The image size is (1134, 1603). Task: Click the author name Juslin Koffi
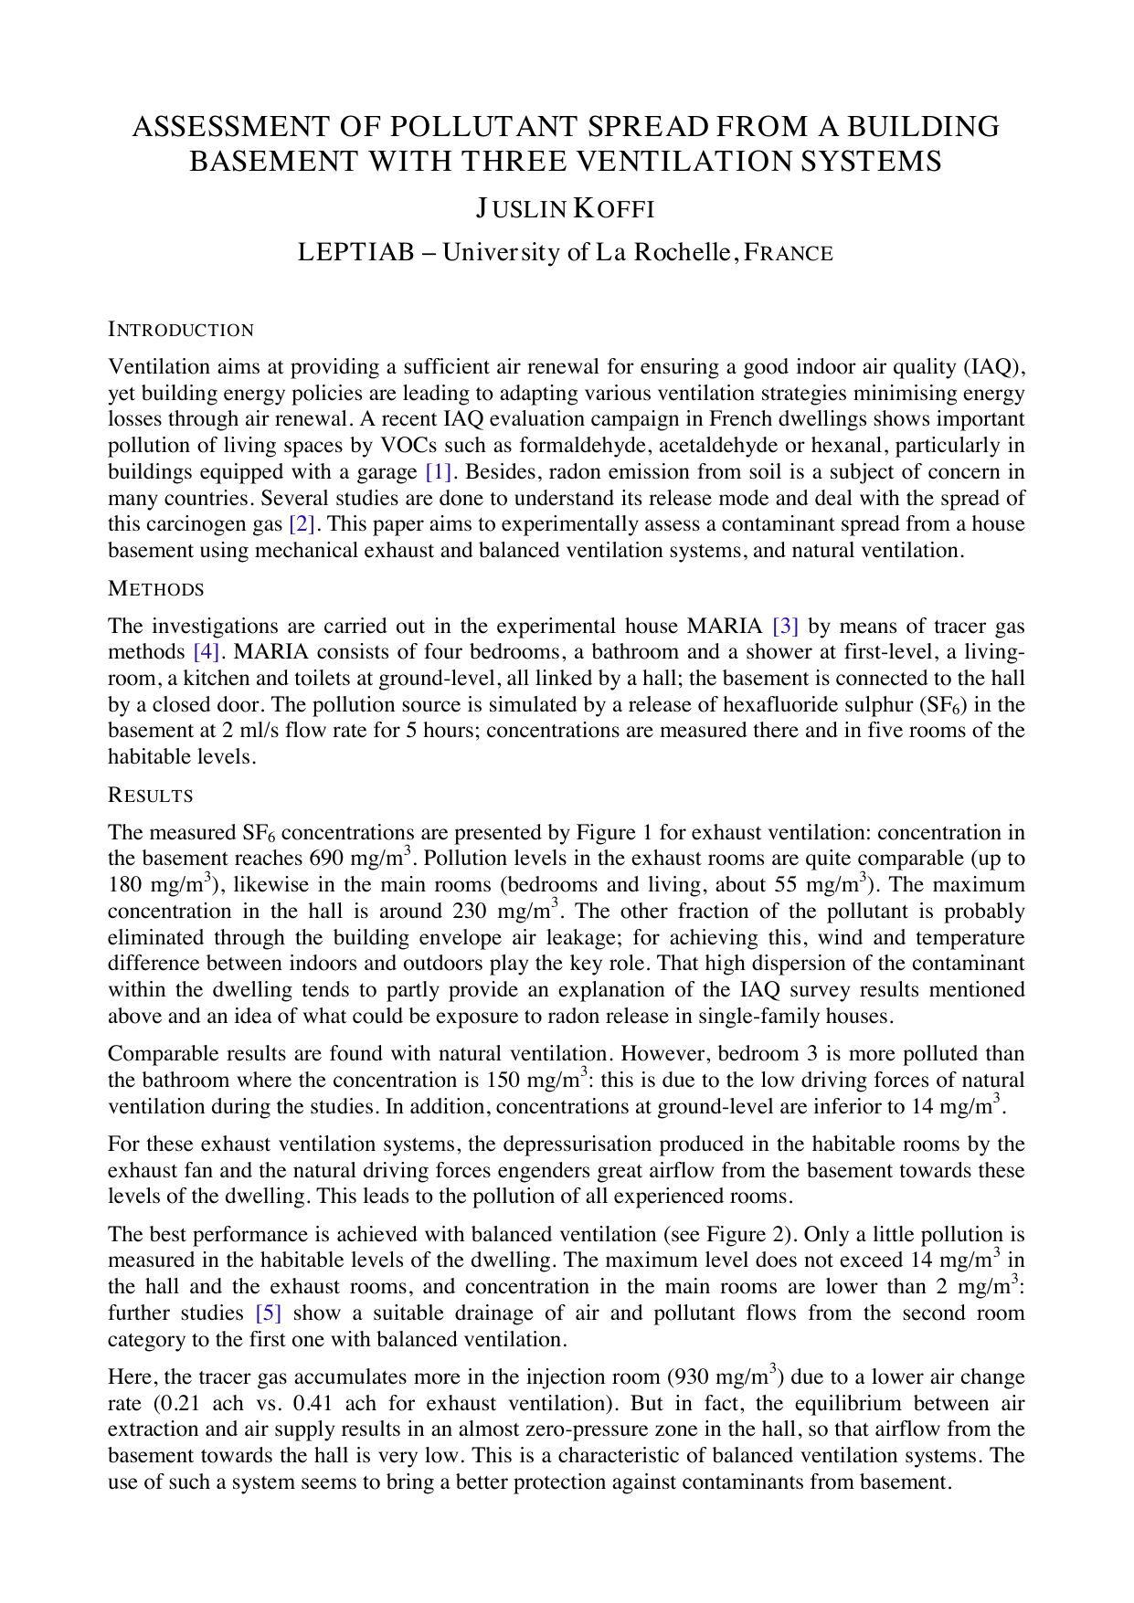(x=565, y=209)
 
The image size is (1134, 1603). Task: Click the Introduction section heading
(x=181, y=330)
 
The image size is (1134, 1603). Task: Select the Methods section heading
(x=156, y=589)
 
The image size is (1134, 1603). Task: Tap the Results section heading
(x=151, y=796)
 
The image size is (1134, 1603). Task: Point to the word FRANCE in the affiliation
(x=789, y=253)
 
